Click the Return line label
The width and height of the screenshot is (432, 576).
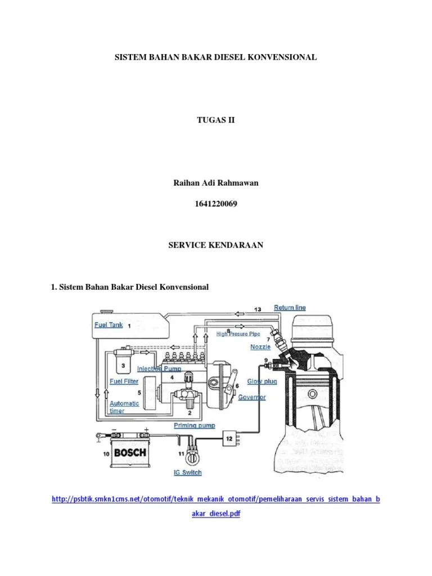coord(290,308)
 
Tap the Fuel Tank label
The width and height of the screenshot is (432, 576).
coord(109,325)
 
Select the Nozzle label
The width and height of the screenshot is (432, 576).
coord(260,346)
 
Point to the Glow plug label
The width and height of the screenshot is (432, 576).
coord(262,381)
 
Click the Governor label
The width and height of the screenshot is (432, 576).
coord(251,397)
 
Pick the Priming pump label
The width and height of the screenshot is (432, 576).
coord(194,425)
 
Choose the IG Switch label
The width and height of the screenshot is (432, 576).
coord(188,472)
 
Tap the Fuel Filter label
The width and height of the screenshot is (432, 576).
coord(124,381)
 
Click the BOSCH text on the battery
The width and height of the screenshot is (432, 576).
coord(130,453)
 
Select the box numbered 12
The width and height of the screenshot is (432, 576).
coord(229,439)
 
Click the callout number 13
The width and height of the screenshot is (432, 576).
coord(258,309)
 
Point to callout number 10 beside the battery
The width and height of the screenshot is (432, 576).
coord(106,454)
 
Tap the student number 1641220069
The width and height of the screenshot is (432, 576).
coord(216,204)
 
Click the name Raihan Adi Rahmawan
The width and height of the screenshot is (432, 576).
coord(216,183)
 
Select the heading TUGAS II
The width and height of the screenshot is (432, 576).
coord(215,120)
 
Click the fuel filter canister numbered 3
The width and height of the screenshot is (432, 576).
coord(123,362)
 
